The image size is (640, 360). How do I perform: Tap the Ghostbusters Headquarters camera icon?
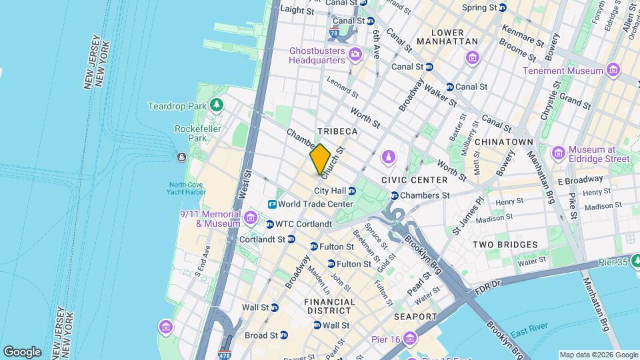point(355,54)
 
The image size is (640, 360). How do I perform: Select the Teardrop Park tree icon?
point(216,106)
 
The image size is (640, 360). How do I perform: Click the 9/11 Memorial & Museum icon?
point(251,217)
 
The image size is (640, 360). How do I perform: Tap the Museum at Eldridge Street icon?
point(557,153)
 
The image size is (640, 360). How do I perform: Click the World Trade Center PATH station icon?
point(273,204)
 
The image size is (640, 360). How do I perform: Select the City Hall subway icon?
point(352,191)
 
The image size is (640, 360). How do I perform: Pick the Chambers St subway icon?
point(395,196)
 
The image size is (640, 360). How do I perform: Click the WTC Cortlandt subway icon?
point(270,224)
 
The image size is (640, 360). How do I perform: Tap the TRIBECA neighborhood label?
point(338,132)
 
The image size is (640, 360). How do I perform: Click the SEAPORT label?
point(415,317)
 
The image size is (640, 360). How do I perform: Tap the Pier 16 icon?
point(410,339)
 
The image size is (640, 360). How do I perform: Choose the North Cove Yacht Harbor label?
point(187,189)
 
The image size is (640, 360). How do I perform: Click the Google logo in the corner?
point(22,352)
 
